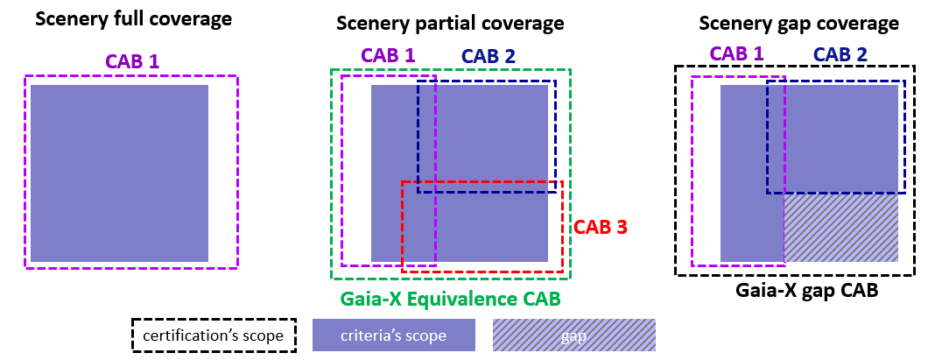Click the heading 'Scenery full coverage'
[134, 18]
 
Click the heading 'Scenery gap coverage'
[798, 23]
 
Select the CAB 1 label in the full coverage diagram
[132, 61]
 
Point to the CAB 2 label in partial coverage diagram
[489, 56]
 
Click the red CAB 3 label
[601, 227]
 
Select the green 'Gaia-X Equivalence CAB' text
[451, 299]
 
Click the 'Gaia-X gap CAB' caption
[794, 292]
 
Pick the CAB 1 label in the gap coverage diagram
[736, 53]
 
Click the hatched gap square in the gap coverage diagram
[841, 228]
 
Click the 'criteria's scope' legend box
[393, 335]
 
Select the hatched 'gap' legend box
[573, 335]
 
